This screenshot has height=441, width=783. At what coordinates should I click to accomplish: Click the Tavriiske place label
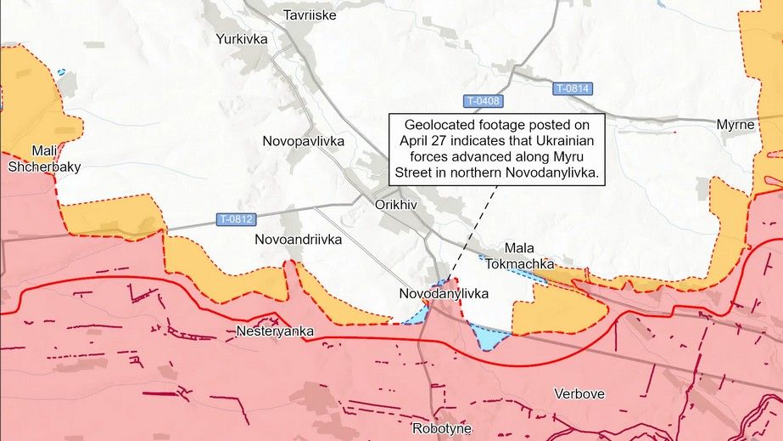tap(310, 14)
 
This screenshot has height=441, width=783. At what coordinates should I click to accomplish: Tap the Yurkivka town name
tap(242, 38)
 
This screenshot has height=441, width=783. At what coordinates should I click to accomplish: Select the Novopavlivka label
tap(304, 140)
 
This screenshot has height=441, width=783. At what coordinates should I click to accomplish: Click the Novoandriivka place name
tap(298, 240)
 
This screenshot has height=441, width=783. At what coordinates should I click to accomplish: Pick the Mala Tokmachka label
tap(519, 256)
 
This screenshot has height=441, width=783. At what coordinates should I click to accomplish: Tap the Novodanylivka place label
tap(444, 293)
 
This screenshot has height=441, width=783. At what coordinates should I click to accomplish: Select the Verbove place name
tap(579, 393)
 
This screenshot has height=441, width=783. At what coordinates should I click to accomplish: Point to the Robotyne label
tap(447, 427)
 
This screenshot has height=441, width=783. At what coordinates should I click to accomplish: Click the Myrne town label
tap(735, 124)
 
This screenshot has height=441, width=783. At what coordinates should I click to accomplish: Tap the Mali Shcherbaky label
tap(44, 159)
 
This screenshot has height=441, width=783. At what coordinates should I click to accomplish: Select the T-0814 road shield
tap(573, 88)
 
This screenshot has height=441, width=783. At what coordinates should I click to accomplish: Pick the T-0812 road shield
tap(235, 218)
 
